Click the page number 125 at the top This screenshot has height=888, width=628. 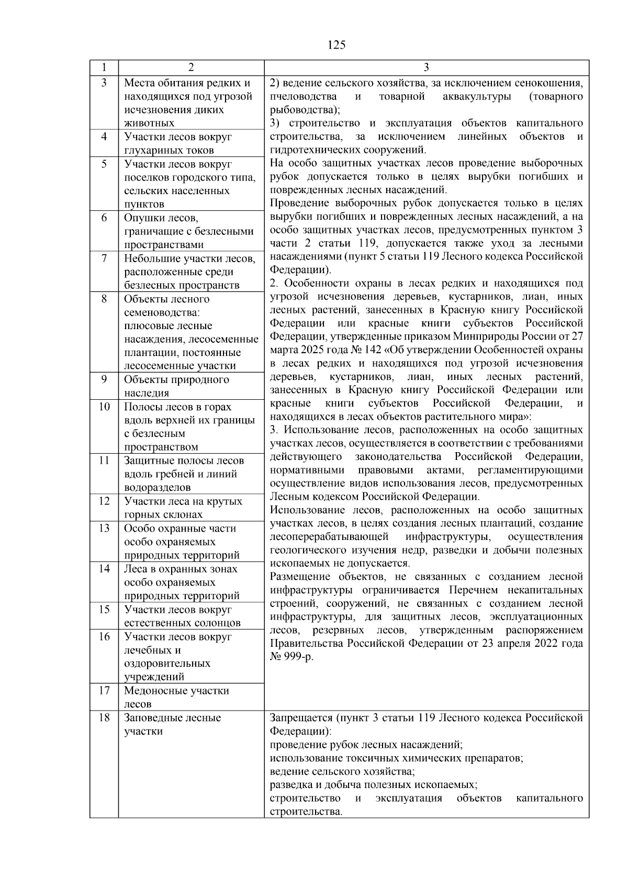pos(337,45)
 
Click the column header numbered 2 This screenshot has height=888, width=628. pos(191,68)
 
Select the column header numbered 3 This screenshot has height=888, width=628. pos(426,68)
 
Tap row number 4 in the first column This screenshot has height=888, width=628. pos(104,137)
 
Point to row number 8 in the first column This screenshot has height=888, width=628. pos(104,299)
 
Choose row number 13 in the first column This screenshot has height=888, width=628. pos(104,528)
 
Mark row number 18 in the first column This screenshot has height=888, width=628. pos(104,717)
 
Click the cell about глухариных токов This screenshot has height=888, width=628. pos(178,143)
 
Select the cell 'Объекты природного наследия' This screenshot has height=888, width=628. pos(176,386)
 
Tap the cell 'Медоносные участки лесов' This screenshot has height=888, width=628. pos(176,697)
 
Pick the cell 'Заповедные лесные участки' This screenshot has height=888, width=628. pos(172,724)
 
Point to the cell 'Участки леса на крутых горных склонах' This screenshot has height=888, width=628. pos(183,508)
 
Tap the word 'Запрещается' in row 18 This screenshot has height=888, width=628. pos(301,718)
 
